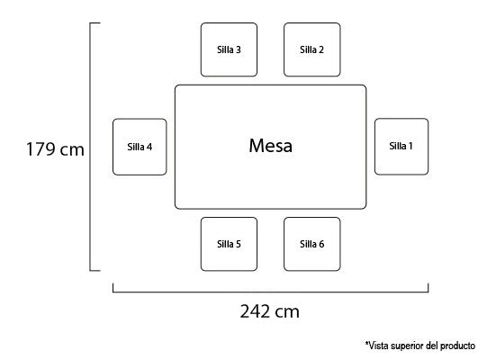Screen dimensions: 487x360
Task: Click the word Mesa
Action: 271,146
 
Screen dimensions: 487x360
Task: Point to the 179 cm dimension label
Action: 55,149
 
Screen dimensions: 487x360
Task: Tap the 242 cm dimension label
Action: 269,311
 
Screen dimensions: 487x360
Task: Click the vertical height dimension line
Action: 90,147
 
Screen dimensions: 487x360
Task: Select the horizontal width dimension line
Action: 271,292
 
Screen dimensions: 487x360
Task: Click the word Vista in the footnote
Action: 377,346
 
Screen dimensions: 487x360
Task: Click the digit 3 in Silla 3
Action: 238,49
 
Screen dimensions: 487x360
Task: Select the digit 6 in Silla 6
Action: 321,244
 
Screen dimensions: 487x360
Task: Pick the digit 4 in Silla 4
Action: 149,147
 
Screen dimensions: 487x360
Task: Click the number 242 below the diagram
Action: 255,311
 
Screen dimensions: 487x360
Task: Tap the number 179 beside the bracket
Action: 41,149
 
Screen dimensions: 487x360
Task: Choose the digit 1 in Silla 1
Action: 410,146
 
